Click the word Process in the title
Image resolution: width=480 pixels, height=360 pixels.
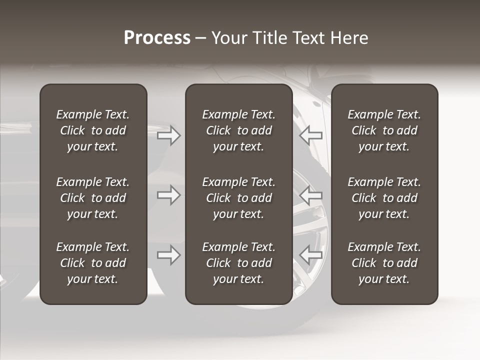tap(157, 38)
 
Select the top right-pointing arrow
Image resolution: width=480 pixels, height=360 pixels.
tap(168, 135)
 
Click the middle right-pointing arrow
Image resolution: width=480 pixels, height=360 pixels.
tap(168, 195)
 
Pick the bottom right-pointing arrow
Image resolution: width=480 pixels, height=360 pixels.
tap(168, 255)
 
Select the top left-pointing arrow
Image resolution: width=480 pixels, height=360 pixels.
tap(311, 135)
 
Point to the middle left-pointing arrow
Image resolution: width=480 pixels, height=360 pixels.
tap(311, 195)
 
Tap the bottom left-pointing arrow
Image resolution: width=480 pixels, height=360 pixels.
tap(311, 255)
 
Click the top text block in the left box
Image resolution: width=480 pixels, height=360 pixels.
tap(93, 130)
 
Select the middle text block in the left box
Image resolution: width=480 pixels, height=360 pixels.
tap(93, 198)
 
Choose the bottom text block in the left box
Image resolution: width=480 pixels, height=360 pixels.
tap(93, 263)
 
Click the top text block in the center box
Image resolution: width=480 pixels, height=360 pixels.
tap(239, 130)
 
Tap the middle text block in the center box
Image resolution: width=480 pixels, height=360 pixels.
tap(239, 198)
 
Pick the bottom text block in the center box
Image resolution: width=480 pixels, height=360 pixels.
tap(239, 263)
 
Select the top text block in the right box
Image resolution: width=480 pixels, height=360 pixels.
tap(384, 130)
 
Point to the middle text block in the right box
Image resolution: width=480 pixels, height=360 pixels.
tap(384, 198)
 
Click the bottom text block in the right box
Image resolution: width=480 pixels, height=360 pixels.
tap(384, 263)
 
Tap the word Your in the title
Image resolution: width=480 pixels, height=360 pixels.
tap(228, 38)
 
